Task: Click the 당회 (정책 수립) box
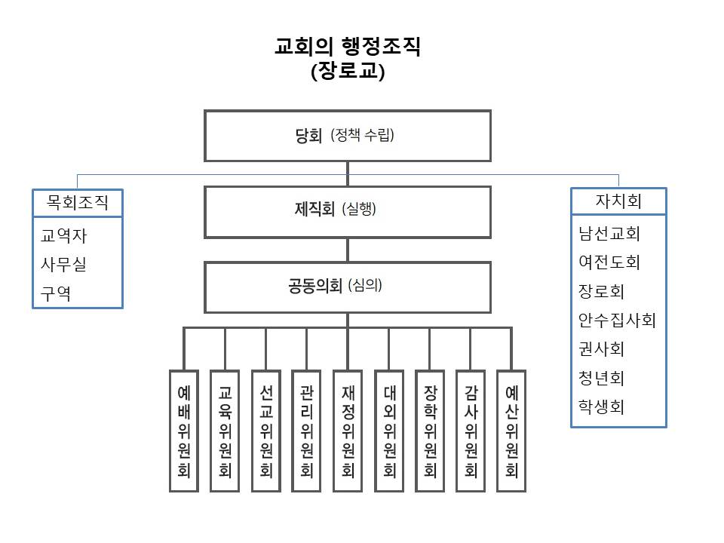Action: coord(347,137)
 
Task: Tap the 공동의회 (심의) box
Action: coord(347,287)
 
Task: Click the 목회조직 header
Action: coord(78,202)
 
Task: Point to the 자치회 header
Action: coord(618,201)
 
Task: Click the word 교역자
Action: coord(63,236)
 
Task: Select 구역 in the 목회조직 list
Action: coord(56,293)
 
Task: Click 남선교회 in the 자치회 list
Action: coord(609,233)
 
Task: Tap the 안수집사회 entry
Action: coord(617,321)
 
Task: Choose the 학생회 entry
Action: coord(602,407)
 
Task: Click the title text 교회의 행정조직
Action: coord(347,47)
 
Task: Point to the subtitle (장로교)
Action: coord(347,72)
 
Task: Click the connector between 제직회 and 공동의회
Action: coord(347,250)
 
